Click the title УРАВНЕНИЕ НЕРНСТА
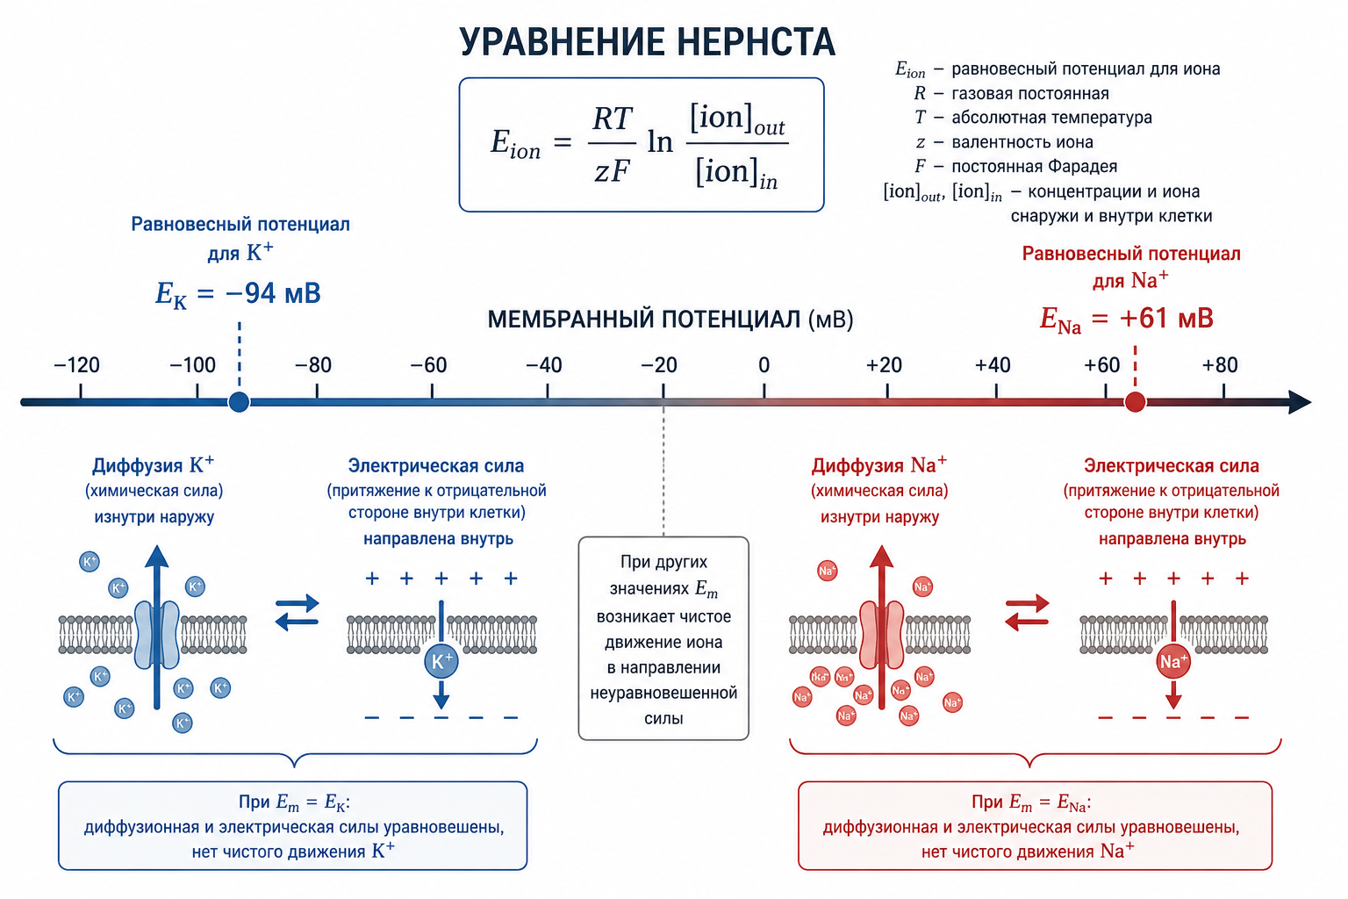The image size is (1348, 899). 648,41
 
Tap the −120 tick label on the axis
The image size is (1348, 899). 77,365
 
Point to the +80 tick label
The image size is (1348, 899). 1220,365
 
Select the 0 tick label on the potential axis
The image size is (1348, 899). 764,365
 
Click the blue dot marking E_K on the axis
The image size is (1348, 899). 239,401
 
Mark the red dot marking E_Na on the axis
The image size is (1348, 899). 1135,401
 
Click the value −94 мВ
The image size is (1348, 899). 273,293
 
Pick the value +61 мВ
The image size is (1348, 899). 1166,318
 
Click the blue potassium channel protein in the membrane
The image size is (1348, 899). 156,635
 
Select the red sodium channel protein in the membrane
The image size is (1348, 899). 882,635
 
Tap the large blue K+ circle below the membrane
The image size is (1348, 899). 441,661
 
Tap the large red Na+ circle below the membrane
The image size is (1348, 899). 1172,661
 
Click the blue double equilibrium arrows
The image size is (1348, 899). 298,613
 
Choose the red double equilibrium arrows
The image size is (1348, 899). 1028,613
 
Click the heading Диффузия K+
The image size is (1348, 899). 153,464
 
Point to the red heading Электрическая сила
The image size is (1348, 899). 1171,465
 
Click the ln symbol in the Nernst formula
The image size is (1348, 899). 660,142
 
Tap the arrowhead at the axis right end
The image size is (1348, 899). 1301,401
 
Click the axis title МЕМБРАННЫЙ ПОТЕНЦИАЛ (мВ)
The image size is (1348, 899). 670,320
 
